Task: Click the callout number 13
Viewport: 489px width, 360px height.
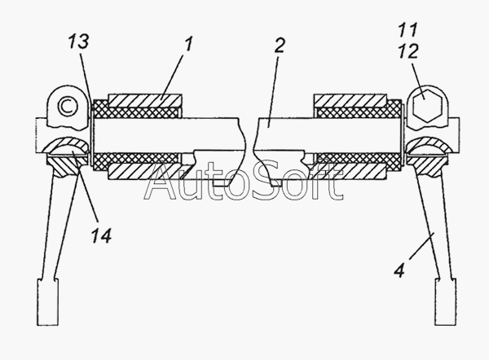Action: click(x=79, y=42)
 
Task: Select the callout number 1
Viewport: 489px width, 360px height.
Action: click(x=189, y=44)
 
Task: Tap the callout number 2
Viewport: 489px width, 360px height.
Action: click(x=280, y=46)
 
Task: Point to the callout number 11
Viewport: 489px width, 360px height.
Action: click(x=408, y=30)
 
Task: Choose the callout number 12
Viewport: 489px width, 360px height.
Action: click(x=408, y=51)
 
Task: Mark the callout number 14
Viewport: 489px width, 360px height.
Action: click(x=101, y=235)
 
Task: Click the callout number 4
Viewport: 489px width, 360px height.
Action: click(x=399, y=270)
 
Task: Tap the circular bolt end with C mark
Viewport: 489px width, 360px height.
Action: click(x=68, y=106)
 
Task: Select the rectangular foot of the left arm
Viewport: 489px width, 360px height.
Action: click(x=48, y=302)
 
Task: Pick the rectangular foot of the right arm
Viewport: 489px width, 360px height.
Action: click(x=446, y=302)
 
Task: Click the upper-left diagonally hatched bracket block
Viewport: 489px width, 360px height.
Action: click(x=145, y=101)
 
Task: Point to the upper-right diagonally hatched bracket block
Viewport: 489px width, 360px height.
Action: click(x=350, y=101)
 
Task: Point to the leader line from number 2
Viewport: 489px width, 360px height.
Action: click(x=273, y=91)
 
